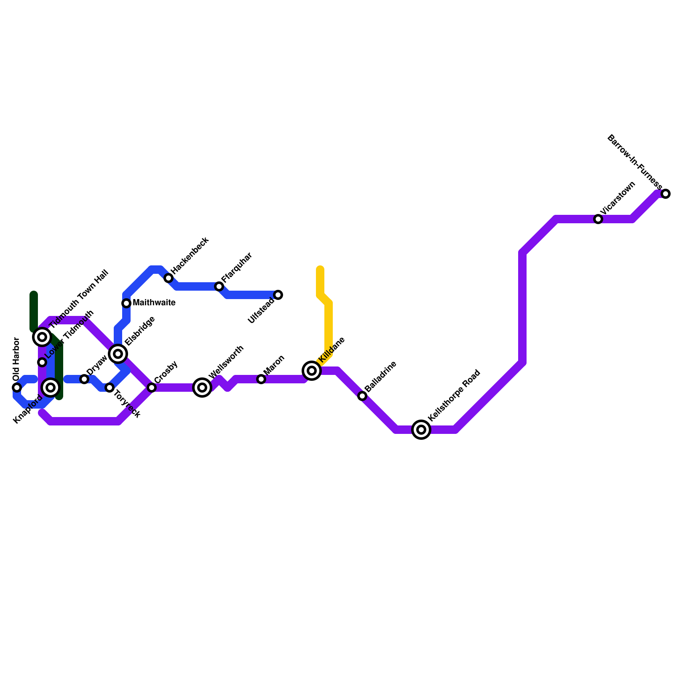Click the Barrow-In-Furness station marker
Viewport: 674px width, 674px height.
(666, 194)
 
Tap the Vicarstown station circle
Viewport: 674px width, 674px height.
(598, 219)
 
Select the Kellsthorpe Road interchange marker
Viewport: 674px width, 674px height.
(421, 430)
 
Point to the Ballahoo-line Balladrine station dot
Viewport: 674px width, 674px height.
(362, 396)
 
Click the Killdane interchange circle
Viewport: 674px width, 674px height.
(312, 371)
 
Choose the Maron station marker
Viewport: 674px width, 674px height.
(261, 379)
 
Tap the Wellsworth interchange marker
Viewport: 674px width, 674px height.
(202, 388)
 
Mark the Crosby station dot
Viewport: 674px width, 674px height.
(152, 388)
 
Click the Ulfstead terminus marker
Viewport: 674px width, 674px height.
(278, 295)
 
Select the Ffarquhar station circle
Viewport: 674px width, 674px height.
(219, 286)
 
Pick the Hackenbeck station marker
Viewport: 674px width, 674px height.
(168, 278)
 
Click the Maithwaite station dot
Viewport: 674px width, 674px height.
(126, 303)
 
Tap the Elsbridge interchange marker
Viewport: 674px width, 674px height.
(118, 353)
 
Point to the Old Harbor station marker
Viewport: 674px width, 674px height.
(17, 388)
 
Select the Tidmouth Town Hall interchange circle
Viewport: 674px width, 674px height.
(42, 337)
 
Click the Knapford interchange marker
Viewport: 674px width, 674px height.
(51, 388)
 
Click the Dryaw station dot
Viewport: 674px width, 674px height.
(84, 379)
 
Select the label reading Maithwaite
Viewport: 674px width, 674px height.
(154, 303)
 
